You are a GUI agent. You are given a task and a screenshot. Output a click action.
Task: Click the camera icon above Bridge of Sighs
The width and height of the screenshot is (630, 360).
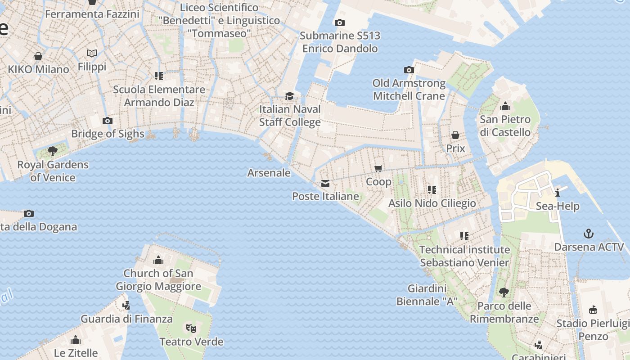(x=107, y=121)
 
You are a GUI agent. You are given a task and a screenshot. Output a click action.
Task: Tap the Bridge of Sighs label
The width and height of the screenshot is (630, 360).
(x=108, y=134)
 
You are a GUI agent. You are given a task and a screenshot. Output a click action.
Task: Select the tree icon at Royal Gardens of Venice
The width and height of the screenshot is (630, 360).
(x=53, y=151)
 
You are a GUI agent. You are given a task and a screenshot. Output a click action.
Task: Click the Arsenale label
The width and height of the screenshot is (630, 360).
(x=269, y=173)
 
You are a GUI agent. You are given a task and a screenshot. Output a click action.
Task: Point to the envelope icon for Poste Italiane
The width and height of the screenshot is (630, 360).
(x=325, y=183)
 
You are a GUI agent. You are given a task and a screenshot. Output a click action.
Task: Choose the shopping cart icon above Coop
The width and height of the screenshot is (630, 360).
(x=378, y=168)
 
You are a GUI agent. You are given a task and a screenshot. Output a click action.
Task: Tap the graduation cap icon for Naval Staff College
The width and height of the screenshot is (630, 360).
(x=290, y=96)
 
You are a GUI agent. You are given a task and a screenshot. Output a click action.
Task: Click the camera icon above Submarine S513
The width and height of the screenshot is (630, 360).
(x=340, y=22)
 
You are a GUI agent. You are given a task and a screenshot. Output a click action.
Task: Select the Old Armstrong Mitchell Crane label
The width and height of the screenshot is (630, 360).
(x=409, y=90)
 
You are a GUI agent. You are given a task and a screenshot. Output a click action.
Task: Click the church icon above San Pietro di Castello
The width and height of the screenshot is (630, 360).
(x=505, y=107)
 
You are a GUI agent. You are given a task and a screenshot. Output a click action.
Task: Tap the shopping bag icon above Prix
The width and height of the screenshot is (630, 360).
(x=455, y=135)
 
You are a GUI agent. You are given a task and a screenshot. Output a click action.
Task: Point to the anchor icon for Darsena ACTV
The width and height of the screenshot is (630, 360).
(x=589, y=234)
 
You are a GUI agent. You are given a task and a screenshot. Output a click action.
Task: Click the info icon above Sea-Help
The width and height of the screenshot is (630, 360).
(x=558, y=193)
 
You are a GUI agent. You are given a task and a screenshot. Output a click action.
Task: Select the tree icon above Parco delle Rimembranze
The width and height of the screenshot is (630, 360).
(x=504, y=292)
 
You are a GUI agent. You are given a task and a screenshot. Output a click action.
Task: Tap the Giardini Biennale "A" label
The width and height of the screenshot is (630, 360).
(x=427, y=295)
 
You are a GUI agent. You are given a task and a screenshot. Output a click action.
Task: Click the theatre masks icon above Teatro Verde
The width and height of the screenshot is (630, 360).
(x=191, y=328)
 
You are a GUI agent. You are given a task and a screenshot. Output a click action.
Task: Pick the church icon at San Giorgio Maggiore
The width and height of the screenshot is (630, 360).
(x=158, y=260)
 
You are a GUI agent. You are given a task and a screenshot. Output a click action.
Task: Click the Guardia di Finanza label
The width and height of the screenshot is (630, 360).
(x=126, y=319)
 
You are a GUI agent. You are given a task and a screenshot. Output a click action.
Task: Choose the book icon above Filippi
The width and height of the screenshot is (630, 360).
(x=92, y=54)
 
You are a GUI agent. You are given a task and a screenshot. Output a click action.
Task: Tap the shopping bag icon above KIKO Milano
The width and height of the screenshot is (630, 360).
(x=38, y=56)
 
